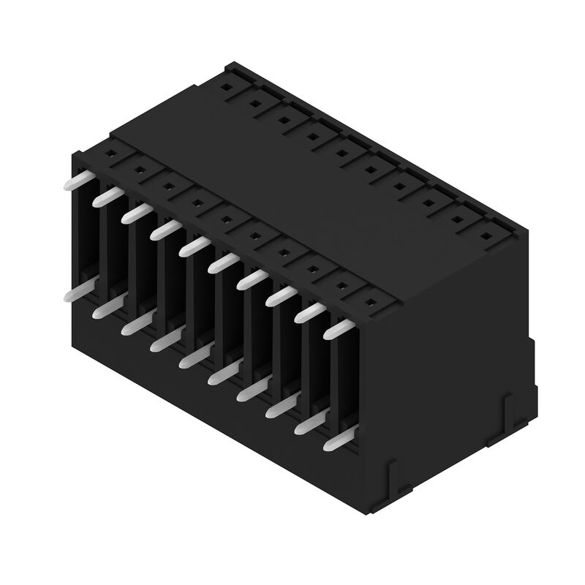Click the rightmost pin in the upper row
click(338, 330)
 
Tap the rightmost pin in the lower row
click(338, 440)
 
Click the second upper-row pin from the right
click(309, 313)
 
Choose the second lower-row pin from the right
click(309, 423)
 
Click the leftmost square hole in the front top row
click(110, 154)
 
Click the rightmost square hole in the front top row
click(370, 301)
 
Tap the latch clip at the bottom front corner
click(392, 472)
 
